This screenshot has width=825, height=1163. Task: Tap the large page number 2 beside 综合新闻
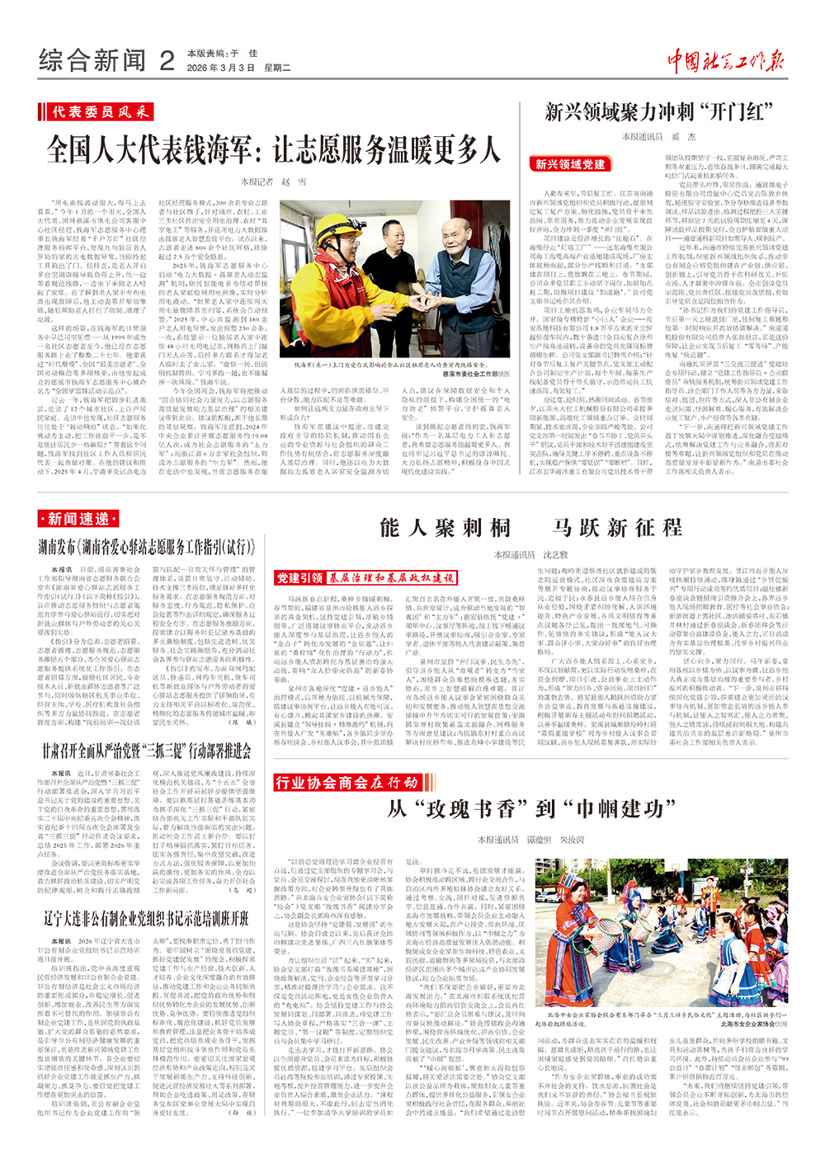click(167, 60)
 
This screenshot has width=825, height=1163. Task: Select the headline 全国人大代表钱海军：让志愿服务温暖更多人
click(273, 149)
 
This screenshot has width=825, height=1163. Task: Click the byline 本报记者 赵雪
click(273, 181)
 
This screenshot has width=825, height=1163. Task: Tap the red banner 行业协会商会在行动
click(346, 782)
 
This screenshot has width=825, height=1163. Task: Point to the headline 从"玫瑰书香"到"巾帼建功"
click(526, 808)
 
